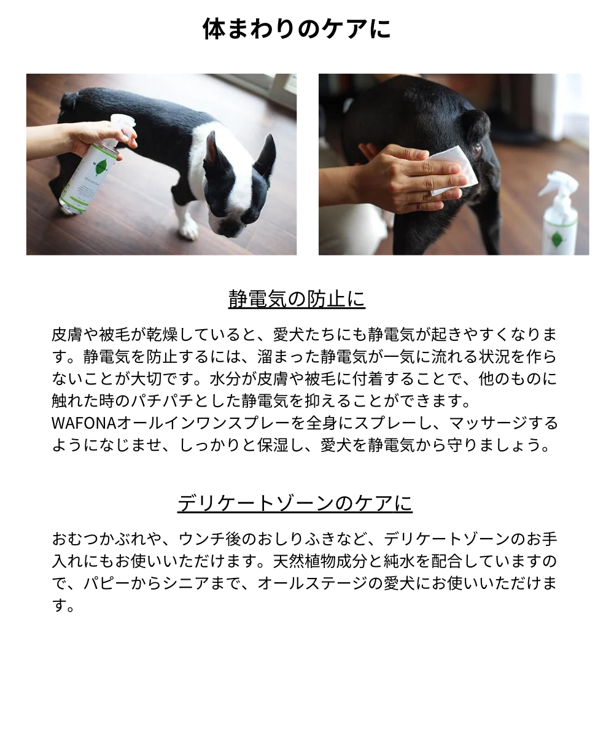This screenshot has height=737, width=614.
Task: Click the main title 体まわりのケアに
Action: (x=297, y=29)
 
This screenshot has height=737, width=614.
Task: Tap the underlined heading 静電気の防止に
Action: (x=297, y=299)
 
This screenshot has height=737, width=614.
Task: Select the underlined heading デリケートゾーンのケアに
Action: (x=295, y=503)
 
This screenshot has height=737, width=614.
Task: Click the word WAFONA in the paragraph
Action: (x=84, y=423)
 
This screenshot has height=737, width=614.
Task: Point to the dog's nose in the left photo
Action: (x=231, y=230)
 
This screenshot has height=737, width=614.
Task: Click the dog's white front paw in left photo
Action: (x=188, y=230)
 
